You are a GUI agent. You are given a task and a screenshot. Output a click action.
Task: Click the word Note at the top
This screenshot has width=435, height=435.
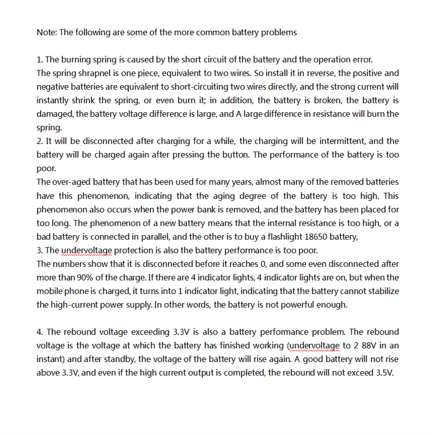(x=46, y=33)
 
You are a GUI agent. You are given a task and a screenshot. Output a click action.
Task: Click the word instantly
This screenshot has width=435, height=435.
(x=54, y=100)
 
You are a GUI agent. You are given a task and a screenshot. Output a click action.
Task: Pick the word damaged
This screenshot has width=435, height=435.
(x=55, y=114)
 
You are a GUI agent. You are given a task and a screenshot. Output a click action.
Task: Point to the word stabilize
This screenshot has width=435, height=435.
(x=382, y=291)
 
